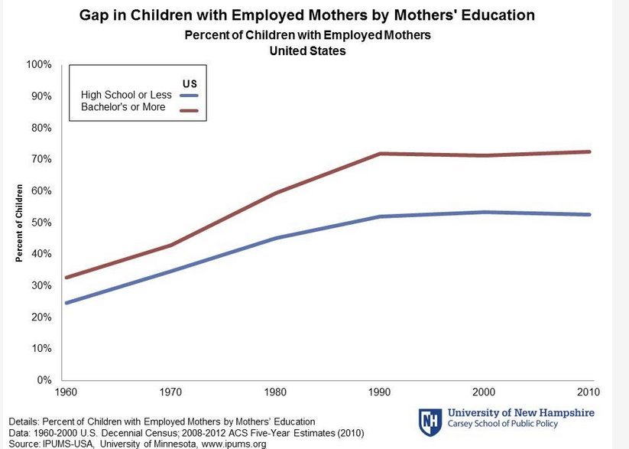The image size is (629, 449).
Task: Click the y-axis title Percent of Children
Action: click(x=20, y=223)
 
